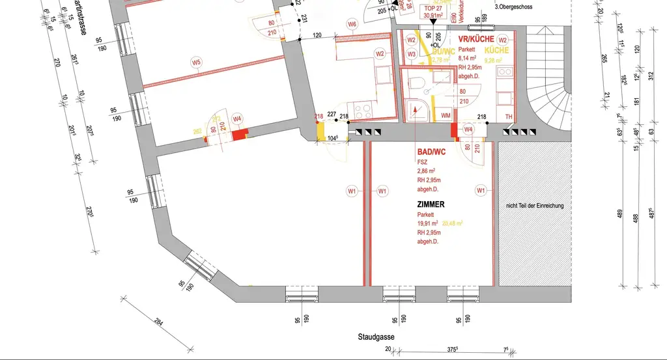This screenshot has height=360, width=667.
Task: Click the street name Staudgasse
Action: pos(376,337)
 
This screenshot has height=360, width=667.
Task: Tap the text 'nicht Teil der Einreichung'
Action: pos(535,206)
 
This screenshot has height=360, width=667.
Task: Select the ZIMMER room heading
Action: pos(431,204)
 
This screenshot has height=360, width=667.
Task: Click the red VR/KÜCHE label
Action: pos(476,40)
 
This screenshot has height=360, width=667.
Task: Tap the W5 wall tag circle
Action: pos(196,62)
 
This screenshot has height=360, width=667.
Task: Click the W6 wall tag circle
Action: pos(352,25)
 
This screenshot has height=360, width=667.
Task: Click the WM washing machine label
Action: pos(446,115)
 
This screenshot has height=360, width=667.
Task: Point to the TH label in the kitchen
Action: pos(509,117)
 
